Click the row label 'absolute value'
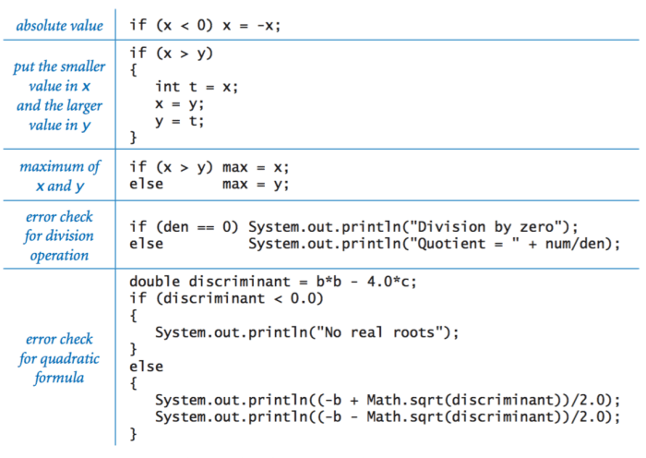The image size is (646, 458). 60,26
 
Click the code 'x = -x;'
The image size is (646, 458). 251,26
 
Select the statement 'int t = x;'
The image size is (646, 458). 197,87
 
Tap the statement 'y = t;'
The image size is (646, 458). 180,122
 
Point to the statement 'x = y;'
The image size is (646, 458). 180,104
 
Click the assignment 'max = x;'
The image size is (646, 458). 256,167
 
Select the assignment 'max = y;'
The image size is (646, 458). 256,185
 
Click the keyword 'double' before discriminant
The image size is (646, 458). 154,282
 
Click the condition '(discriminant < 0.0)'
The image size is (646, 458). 239,298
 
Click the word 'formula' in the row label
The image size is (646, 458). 59,378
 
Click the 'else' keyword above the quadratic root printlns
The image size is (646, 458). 146,367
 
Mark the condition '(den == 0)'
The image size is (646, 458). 197,227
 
